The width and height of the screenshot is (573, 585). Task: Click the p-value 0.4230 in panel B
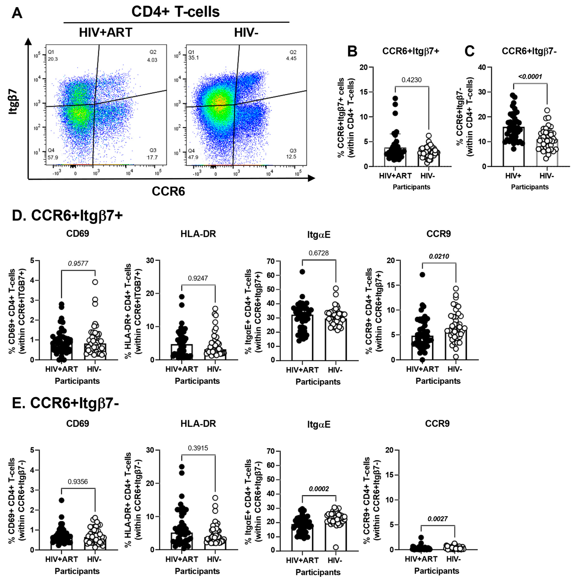point(411,80)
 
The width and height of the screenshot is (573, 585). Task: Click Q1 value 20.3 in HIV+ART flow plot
point(53,59)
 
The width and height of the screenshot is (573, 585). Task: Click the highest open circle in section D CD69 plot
point(95,282)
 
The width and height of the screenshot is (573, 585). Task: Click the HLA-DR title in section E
point(198,424)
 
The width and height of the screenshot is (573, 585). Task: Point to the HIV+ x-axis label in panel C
point(513,176)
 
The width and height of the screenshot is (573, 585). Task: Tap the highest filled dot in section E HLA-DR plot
point(182,467)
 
